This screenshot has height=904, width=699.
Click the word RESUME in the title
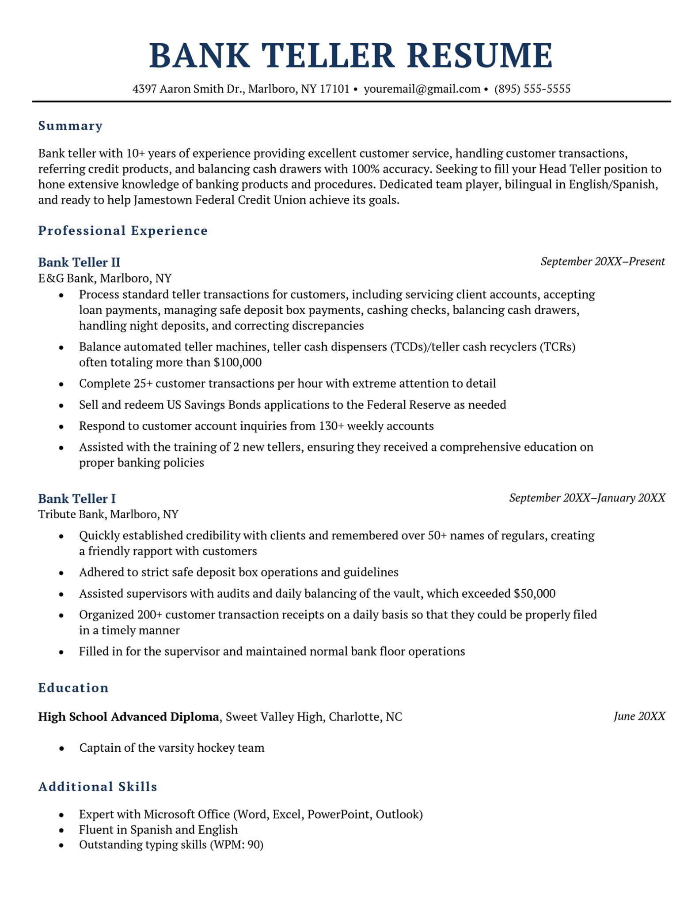coord(479,56)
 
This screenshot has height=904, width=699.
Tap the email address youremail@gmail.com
coord(422,89)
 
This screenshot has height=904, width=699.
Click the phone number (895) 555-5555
coord(532,89)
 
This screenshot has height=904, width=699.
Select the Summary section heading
coord(70,126)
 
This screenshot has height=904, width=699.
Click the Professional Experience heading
coord(123,230)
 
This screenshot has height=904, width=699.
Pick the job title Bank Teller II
coord(79,262)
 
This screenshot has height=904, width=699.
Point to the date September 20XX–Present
coord(602,262)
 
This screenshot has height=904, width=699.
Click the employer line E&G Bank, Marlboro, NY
coord(105,278)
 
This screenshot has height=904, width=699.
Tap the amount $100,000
coord(237,362)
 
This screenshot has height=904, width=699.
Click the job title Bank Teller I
coord(77,498)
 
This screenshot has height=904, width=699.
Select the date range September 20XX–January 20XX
coord(587,498)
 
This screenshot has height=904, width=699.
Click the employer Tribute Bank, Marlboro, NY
coord(108,514)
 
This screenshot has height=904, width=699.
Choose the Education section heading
coord(73,688)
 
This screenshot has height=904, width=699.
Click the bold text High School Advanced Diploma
coord(128,716)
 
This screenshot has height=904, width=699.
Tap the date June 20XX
coord(639,716)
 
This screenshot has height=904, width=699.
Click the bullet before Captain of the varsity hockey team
coord(61,749)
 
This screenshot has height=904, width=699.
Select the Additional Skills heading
coord(98,787)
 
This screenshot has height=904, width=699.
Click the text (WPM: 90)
coord(236,845)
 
